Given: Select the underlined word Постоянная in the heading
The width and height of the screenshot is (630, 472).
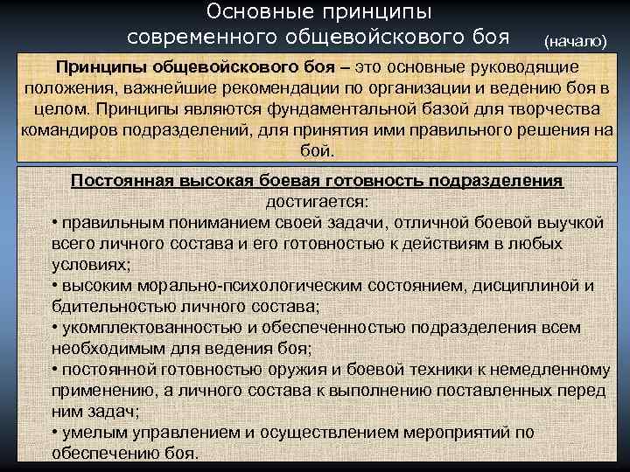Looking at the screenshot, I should [124, 181].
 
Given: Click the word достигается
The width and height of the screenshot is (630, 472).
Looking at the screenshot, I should [315, 200].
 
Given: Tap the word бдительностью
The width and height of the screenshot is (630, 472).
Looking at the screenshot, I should [114, 306].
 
